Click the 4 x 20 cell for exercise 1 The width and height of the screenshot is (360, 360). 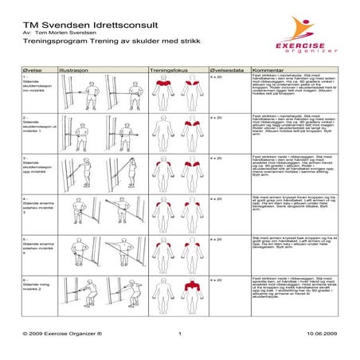tap(214, 77)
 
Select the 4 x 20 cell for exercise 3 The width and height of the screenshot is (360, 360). tap(214, 158)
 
